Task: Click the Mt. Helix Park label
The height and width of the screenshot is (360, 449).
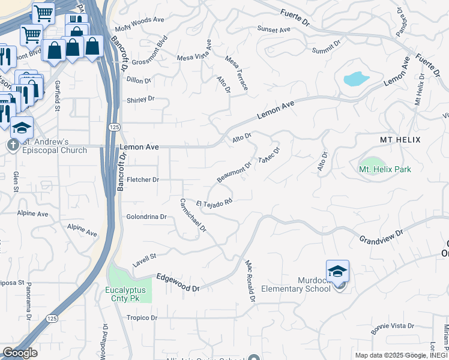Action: point(385,169)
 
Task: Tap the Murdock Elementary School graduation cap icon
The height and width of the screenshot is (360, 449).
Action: point(337,271)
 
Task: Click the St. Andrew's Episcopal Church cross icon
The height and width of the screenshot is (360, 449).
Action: point(13,145)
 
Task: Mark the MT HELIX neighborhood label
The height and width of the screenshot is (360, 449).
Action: point(400,139)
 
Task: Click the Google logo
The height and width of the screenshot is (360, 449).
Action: point(19,353)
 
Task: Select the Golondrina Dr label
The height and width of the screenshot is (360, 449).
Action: point(146,217)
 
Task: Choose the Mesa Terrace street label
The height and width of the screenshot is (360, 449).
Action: point(237,73)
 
